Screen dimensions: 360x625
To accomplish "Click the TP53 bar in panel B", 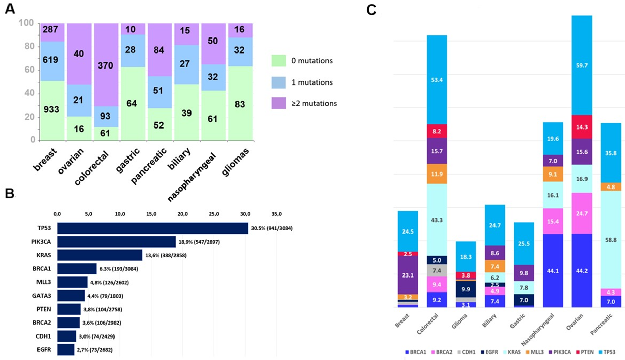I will click(152, 228).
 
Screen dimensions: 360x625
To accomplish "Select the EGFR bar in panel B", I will click(65, 350).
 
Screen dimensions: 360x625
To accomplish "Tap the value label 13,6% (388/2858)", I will click(166, 255).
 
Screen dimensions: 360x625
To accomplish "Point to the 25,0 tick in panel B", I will click(214, 214).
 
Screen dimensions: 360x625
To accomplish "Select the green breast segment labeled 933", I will click(52, 110).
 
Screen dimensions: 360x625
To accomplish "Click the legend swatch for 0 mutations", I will click(278, 61).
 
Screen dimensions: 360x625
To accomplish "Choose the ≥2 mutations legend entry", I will click(314, 103).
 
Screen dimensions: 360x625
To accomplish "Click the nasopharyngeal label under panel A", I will click(192, 177).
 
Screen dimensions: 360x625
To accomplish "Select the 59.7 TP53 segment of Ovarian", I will click(581, 65).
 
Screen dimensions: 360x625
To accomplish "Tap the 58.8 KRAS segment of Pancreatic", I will click(611, 240).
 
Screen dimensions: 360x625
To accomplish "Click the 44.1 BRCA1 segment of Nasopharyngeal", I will click(552, 271).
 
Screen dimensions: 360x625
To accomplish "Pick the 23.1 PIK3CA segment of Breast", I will click(408, 275).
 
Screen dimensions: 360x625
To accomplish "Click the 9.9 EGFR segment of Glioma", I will click(466, 289).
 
